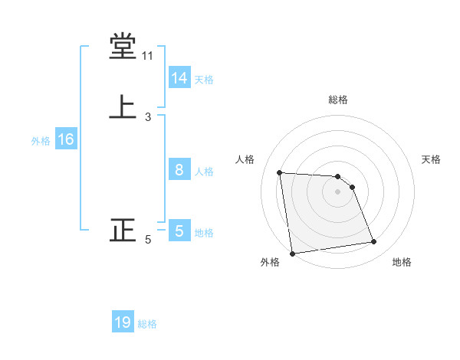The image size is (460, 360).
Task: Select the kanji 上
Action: [x=123, y=106]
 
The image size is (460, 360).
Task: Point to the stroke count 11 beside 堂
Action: [x=148, y=56]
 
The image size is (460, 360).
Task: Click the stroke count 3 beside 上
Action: [x=148, y=116]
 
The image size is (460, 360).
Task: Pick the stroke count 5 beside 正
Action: [x=148, y=240]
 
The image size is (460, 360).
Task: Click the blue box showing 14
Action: [x=179, y=78]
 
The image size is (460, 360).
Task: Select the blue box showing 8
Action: [x=179, y=170]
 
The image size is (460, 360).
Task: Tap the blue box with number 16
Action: [x=65, y=139]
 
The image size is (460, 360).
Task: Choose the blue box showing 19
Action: [x=123, y=322]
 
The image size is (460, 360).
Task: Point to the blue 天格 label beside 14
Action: [x=204, y=80]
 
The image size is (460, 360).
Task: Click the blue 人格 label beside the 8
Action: [x=204, y=172]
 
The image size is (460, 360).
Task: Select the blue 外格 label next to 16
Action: [x=41, y=141]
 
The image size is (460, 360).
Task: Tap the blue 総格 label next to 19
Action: [x=147, y=324]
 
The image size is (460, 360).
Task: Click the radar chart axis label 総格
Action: [x=338, y=100]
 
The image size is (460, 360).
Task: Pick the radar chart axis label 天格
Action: [x=432, y=159]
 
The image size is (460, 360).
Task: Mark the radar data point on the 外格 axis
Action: [x=292, y=254]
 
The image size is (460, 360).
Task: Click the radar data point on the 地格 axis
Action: [x=374, y=242]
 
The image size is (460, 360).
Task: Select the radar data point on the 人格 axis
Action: [x=280, y=172]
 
